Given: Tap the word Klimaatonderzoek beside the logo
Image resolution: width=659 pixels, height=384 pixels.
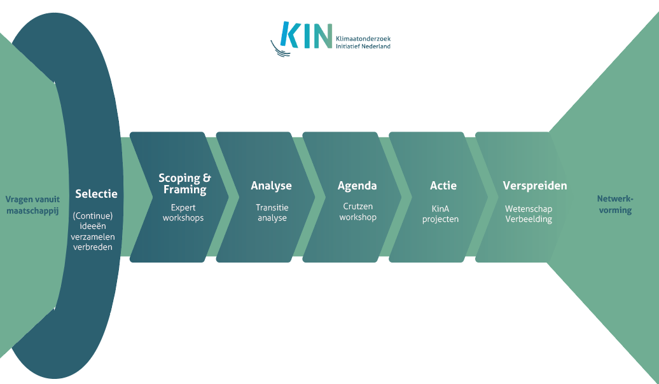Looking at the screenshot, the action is pyautogui.click(x=363, y=39).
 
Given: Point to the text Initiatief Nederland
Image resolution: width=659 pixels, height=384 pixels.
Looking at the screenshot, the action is pyautogui.click(x=363, y=46).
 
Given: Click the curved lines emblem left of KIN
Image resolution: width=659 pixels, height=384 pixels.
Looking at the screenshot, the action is pyautogui.click(x=280, y=49).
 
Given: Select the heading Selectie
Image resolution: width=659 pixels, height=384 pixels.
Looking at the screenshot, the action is pyautogui.click(x=96, y=194).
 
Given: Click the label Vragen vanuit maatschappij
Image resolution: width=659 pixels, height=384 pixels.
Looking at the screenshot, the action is pyautogui.click(x=33, y=205).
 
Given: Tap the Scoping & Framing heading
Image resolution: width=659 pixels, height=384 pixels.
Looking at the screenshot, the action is pyautogui.click(x=184, y=184).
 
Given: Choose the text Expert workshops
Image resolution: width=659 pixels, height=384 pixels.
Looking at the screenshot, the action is pyautogui.click(x=183, y=212).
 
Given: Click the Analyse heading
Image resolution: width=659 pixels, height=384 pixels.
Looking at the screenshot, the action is pyautogui.click(x=271, y=186).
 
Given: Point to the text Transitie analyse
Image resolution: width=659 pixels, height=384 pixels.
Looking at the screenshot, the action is pyautogui.click(x=272, y=212).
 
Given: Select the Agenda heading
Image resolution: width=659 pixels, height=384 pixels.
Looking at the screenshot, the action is pyautogui.click(x=357, y=186).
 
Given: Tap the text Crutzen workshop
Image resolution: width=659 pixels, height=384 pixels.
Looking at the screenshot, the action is pyautogui.click(x=357, y=212).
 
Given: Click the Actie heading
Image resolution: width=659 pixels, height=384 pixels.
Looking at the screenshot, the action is pyautogui.click(x=443, y=186).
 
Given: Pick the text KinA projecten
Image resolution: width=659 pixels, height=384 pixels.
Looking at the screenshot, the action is pyautogui.click(x=440, y=214).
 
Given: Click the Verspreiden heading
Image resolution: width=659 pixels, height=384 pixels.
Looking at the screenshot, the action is pyautogui.click(x=535, y=186).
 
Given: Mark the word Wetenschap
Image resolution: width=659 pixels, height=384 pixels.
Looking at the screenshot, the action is pyautogui.click(x=529, y=209).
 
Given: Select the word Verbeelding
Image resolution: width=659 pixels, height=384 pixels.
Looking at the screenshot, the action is pyautogui.click(x=529, y=219).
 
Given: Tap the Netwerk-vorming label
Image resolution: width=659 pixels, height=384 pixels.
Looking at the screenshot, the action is pyautogui.click(x=615, y=204).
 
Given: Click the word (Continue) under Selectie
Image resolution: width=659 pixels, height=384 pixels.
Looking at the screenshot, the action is pyautogui.click(x=93, y=216).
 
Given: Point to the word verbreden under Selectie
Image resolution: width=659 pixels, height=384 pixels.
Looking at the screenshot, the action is pyautogui.click(x=93, y=247).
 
